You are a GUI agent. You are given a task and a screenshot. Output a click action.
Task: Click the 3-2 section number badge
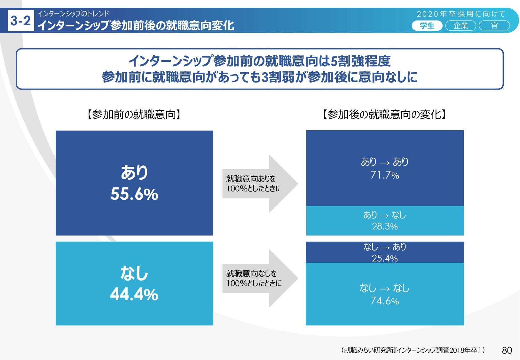coord(21,21)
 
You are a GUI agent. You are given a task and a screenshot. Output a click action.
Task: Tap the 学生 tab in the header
coord(427,26)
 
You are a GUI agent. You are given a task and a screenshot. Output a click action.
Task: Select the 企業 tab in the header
coord(461,26)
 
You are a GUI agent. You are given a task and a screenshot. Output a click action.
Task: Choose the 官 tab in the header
coord(494,26)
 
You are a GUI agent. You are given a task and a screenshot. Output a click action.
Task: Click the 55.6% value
coord(134,194)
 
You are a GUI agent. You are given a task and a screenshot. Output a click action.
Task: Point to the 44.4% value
coord(134,295)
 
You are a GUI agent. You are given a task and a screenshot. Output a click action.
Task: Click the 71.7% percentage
coord(385,175)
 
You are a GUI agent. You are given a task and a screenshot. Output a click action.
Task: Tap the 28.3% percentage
coord(385,227)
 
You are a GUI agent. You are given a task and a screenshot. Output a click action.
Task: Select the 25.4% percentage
coord(385,258)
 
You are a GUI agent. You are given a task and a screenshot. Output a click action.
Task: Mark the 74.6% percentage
coord(385,301)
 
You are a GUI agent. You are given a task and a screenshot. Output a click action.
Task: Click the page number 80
coord(507,350)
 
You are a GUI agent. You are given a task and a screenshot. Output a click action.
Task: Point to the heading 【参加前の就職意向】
coord(134,115)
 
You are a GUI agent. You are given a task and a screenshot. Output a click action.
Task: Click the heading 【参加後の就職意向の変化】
coord(384,115)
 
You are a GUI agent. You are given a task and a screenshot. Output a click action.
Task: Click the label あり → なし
coord(385,215)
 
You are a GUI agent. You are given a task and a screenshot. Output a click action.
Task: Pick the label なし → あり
coord(385,247)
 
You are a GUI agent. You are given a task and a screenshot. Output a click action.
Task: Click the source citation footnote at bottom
coord(413,350)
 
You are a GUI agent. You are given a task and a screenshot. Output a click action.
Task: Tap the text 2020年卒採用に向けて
coord(461,14)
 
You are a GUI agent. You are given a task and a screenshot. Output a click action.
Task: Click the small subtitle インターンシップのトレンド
coord(73,14)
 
